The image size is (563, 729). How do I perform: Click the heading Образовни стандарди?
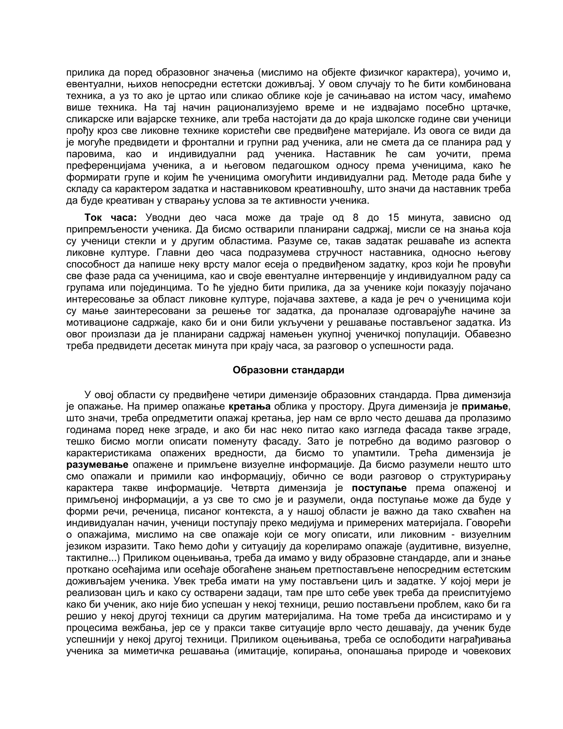point(288,371)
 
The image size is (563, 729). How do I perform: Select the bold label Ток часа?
point(111,218)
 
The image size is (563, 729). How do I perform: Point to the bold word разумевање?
point(97,465)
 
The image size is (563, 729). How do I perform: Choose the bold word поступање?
point(379,488)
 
